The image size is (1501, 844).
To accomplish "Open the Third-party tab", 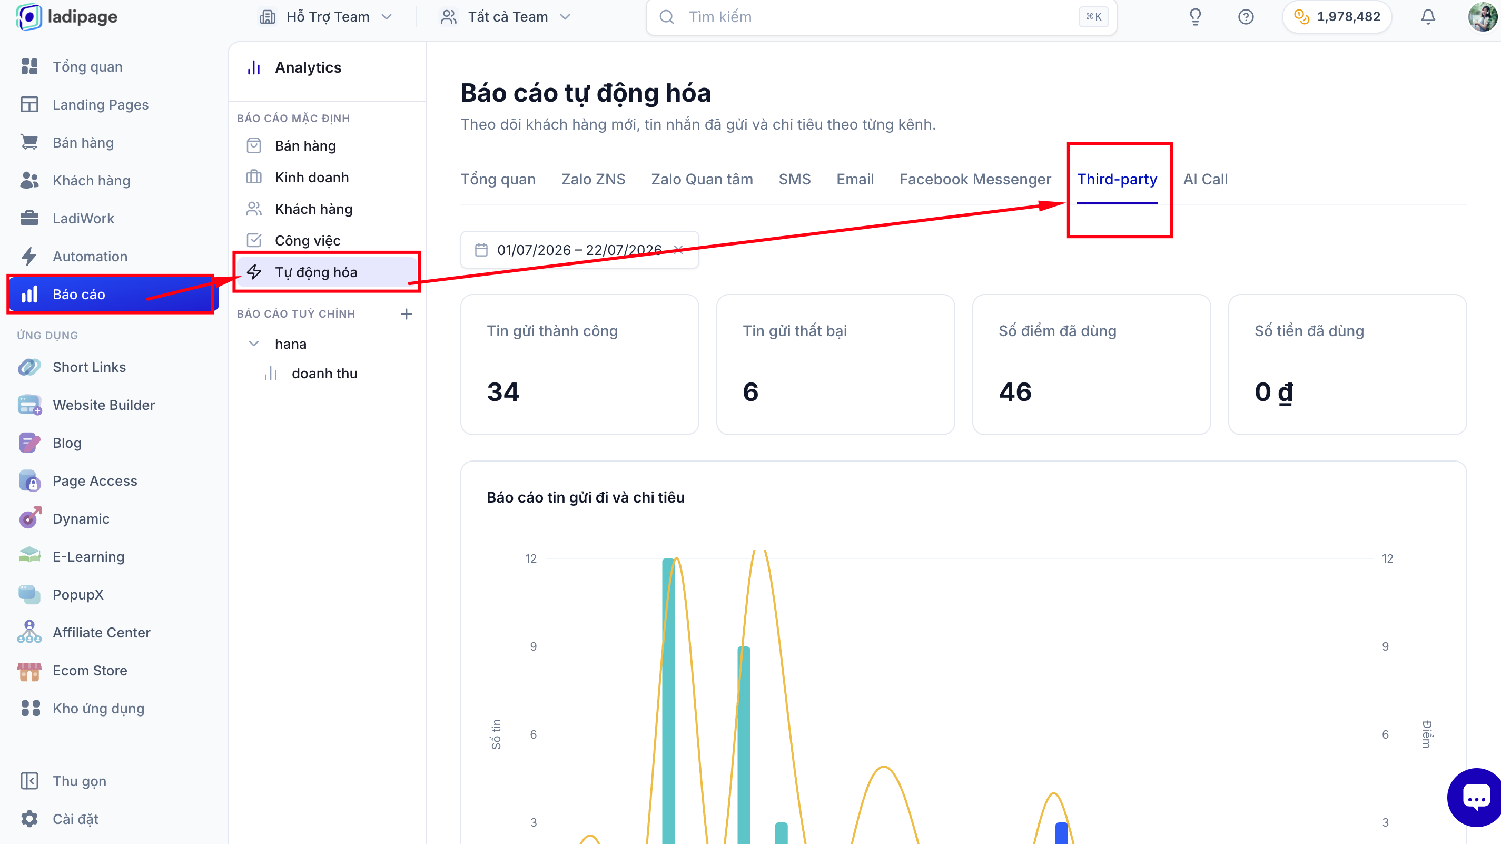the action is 1117,179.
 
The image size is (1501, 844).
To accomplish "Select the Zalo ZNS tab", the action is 593,179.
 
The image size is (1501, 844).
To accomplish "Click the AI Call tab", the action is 1205,179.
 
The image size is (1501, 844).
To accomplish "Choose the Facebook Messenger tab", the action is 975,179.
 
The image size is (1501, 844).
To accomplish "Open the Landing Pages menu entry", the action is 100,105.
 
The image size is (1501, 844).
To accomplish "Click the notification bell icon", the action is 1428,17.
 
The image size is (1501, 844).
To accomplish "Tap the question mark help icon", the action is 1245,17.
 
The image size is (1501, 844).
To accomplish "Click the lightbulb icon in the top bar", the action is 1194,17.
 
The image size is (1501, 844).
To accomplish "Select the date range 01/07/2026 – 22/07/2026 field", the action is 579,250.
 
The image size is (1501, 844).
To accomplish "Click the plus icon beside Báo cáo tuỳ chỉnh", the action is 406,314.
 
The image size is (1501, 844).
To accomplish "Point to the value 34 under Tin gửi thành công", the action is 503,391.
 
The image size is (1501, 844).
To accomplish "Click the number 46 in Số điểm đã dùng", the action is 1015,391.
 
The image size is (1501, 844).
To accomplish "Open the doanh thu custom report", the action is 324,374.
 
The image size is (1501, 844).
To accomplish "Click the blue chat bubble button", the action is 1475,797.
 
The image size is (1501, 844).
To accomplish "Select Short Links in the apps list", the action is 88,367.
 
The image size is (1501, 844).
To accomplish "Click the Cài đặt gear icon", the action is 29,819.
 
